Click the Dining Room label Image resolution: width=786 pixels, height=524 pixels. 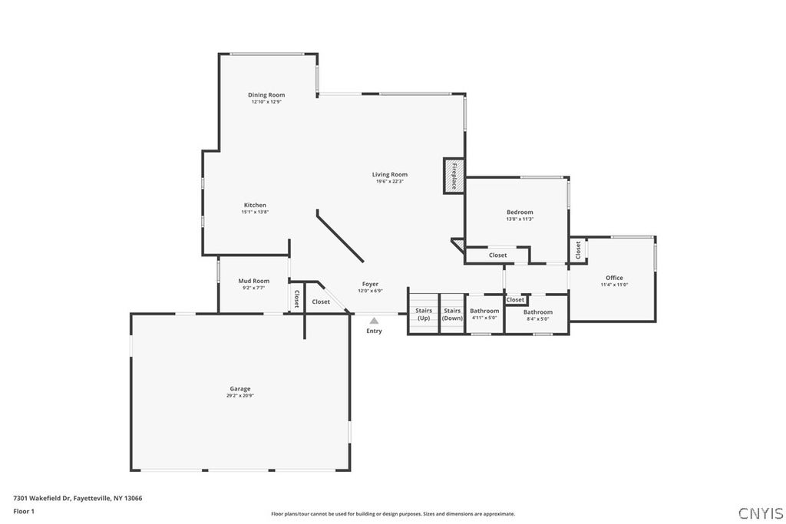point(266,94)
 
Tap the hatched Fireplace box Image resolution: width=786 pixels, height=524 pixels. point(454,176)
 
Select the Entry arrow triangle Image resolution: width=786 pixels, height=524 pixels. point(374,321)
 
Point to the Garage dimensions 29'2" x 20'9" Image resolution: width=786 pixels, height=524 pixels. point(240,396)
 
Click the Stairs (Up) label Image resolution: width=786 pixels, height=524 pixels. point(424,314)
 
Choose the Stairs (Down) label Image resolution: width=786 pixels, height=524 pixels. point(452,314)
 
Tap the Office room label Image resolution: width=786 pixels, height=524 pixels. point(614,278)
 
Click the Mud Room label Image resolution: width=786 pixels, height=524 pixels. point(253,281)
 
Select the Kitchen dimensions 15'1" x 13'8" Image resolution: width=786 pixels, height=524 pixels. point(255,212)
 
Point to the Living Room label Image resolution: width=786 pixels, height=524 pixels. point(389,174)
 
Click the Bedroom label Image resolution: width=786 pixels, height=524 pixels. point(520,212)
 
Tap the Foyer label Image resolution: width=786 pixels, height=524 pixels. point(371,284)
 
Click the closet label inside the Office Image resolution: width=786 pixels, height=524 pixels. point(578,250)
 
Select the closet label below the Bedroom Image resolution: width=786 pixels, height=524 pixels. point(497,255)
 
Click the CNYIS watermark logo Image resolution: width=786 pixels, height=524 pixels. point(761,513)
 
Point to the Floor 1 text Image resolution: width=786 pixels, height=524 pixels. point(24,512)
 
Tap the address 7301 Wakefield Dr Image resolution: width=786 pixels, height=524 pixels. point(42,498)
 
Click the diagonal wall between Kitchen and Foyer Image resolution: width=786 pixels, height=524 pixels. point(340,236)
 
